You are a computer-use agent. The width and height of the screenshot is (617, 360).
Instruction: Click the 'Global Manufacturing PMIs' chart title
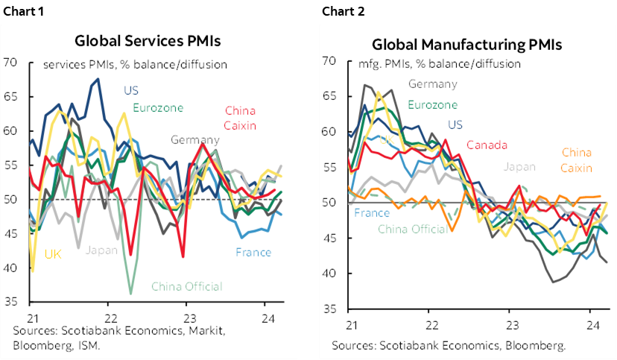[466, 44]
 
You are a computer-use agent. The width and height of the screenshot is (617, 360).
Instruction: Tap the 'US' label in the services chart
[131, 91]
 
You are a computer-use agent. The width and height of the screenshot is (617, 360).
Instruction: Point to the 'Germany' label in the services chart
[194, 139]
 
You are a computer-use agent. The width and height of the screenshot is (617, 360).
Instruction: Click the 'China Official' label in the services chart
[186, 286]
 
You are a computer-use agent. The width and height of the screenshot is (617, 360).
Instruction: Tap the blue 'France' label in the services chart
[253, 252]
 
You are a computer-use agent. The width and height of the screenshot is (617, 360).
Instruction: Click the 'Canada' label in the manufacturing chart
[487, 145]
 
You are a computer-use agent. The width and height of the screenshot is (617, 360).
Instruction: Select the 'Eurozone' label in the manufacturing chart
[432, 105]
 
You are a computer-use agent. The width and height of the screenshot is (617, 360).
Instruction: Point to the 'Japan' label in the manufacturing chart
[519, 166]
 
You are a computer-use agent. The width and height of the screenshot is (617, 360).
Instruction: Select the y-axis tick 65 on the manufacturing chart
[329, 97]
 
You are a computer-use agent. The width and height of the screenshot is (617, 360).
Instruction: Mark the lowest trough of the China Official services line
[130, 294]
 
